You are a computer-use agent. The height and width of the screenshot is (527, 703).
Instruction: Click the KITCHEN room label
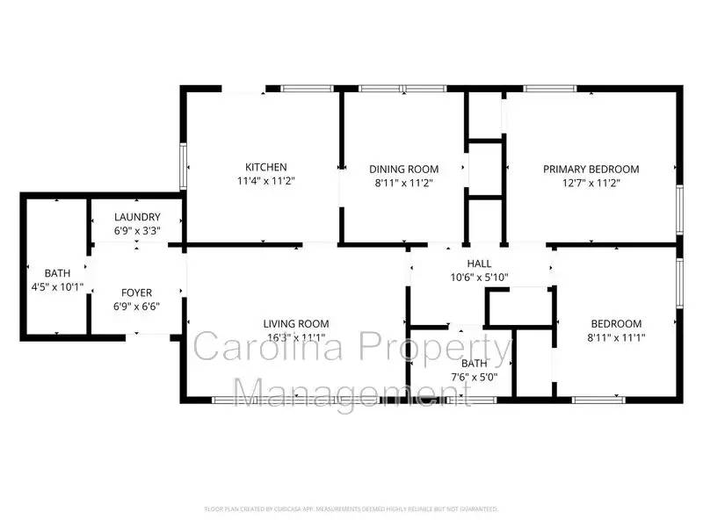click(x=265, y=167)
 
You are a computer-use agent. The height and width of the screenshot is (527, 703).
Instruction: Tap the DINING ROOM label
click(x=403, y=169)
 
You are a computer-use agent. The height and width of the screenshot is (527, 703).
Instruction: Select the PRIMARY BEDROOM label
click(x=591, y=169)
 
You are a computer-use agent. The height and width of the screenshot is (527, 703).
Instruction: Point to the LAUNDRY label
click(x=137, y=217)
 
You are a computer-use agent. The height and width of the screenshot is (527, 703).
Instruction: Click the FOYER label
click(x=137, y=292)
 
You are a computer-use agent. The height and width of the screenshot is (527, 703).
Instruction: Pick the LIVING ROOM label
click(x=296, y=323)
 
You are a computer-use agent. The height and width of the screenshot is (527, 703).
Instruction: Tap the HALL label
click(x=479, y=263)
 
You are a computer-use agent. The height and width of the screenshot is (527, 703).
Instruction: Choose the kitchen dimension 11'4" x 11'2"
click(x=265, y=182)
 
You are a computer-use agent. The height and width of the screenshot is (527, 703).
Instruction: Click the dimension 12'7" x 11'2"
click(x=591, y=183)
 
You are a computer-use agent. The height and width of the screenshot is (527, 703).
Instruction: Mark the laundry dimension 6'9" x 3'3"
click(x=137, y=231)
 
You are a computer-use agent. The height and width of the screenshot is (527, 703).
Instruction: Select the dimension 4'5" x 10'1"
click(x=53, y=286)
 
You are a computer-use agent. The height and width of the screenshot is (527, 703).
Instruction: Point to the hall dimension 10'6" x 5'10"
click(x=479, y=278)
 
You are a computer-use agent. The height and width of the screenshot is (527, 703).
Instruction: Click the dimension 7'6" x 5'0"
click(x=474, y=378)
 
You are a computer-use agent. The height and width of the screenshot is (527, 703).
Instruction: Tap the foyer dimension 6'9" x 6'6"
click(x=137, y=307)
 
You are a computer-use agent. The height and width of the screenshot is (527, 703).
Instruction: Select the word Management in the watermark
click(x=343, y=391)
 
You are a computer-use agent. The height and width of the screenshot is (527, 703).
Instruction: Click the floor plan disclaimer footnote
click(x=351, y=509)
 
